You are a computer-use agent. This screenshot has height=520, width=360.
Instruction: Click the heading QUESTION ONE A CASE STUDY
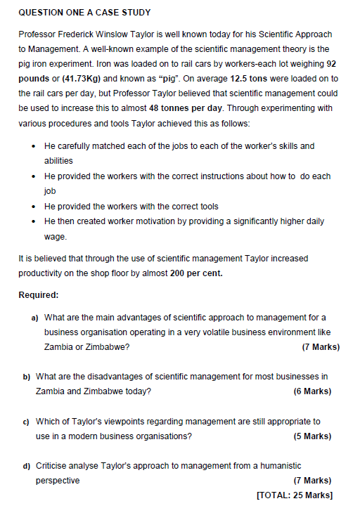pyautogui.click(x=84, y=13)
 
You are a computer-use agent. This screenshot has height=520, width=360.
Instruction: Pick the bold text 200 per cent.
pyautogui.click(x=196, y=273)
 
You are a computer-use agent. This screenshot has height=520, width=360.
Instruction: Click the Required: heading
pyautogui.click(x=38, y=295)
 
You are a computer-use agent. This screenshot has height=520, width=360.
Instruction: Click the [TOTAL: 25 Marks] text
pyautogui.click(x=295, y=496)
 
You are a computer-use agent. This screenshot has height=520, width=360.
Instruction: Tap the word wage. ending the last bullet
pyautogui.click(x=55, y=237)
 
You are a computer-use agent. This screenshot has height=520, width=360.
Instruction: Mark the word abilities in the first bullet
pyautogui.click(x=58, y=161)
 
